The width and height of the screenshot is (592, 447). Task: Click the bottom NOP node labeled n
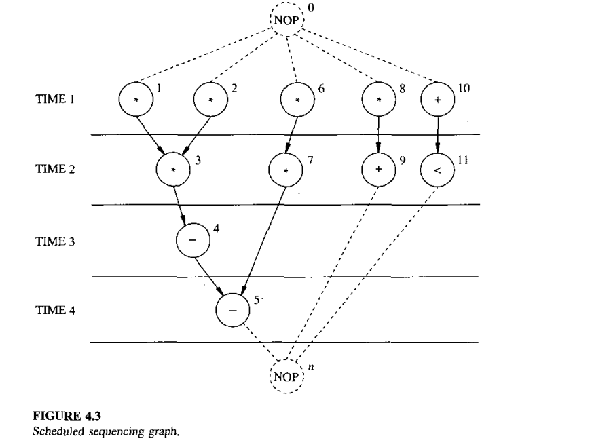pos(289,374)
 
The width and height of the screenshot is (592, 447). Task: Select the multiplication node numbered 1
pos(134,99)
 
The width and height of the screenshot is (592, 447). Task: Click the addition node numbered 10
pos(437,99)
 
